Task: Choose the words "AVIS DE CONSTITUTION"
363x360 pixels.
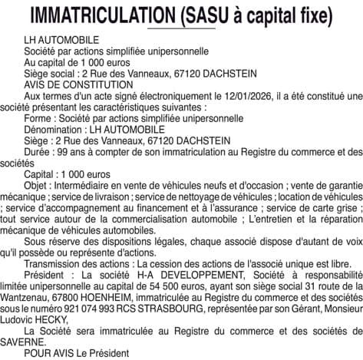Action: tap(73, 86)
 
